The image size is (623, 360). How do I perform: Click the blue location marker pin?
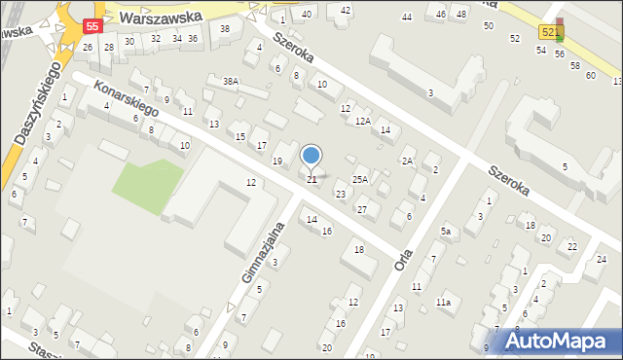coord(311,156)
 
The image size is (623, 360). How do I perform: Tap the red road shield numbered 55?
coord(92,25)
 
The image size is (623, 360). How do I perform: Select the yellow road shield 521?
coord(550,32)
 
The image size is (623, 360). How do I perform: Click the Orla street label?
coord(403,253)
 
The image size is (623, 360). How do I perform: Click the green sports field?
coord(147,185)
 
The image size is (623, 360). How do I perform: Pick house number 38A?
coord(230,83)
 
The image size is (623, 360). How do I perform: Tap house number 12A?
coord(362,121)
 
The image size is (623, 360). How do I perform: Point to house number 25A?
coord(360,179)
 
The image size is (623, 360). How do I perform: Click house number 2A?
coord(408,161)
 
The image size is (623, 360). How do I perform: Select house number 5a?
coord(447,231)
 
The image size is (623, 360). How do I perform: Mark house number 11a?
coord(443,303)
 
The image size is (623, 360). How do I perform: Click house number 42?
coord(346,10)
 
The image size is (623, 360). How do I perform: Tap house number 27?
coord(361,210)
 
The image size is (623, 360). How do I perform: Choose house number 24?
coord(602,258)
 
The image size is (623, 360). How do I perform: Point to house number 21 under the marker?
coord(311,180)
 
